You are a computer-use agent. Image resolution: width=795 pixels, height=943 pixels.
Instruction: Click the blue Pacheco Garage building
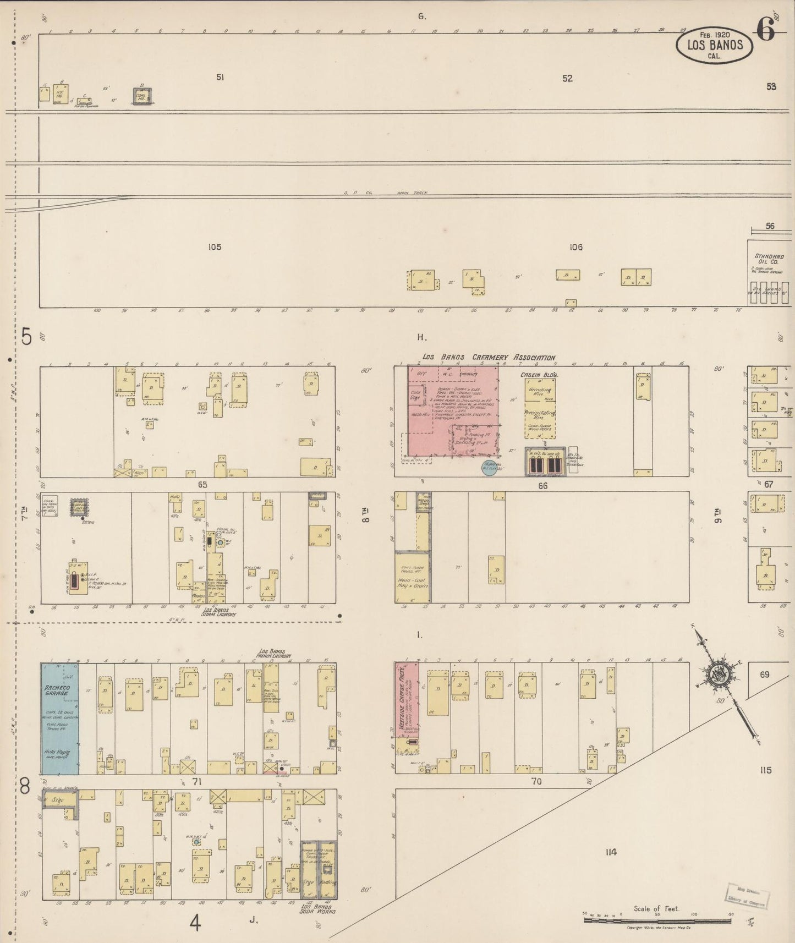coord(60,719)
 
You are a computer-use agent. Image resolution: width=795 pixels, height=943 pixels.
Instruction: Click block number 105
coord(215,247)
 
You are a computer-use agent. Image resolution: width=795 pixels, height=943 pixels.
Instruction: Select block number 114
coord(610,852)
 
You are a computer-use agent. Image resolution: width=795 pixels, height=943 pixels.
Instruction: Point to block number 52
coord(567,79)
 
